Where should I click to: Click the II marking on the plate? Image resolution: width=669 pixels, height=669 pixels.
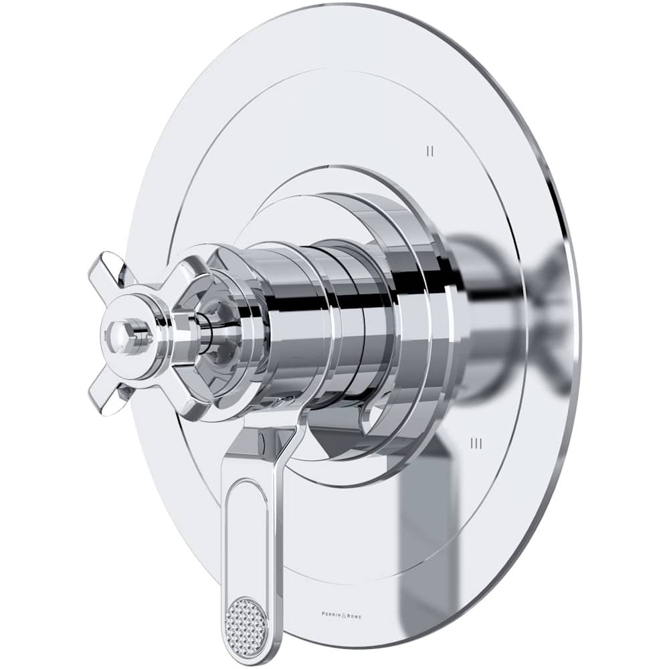point(430,151)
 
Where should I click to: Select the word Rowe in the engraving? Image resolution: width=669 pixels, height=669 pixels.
point(352,615)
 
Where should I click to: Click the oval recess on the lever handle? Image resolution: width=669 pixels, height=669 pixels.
point(248,529)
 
